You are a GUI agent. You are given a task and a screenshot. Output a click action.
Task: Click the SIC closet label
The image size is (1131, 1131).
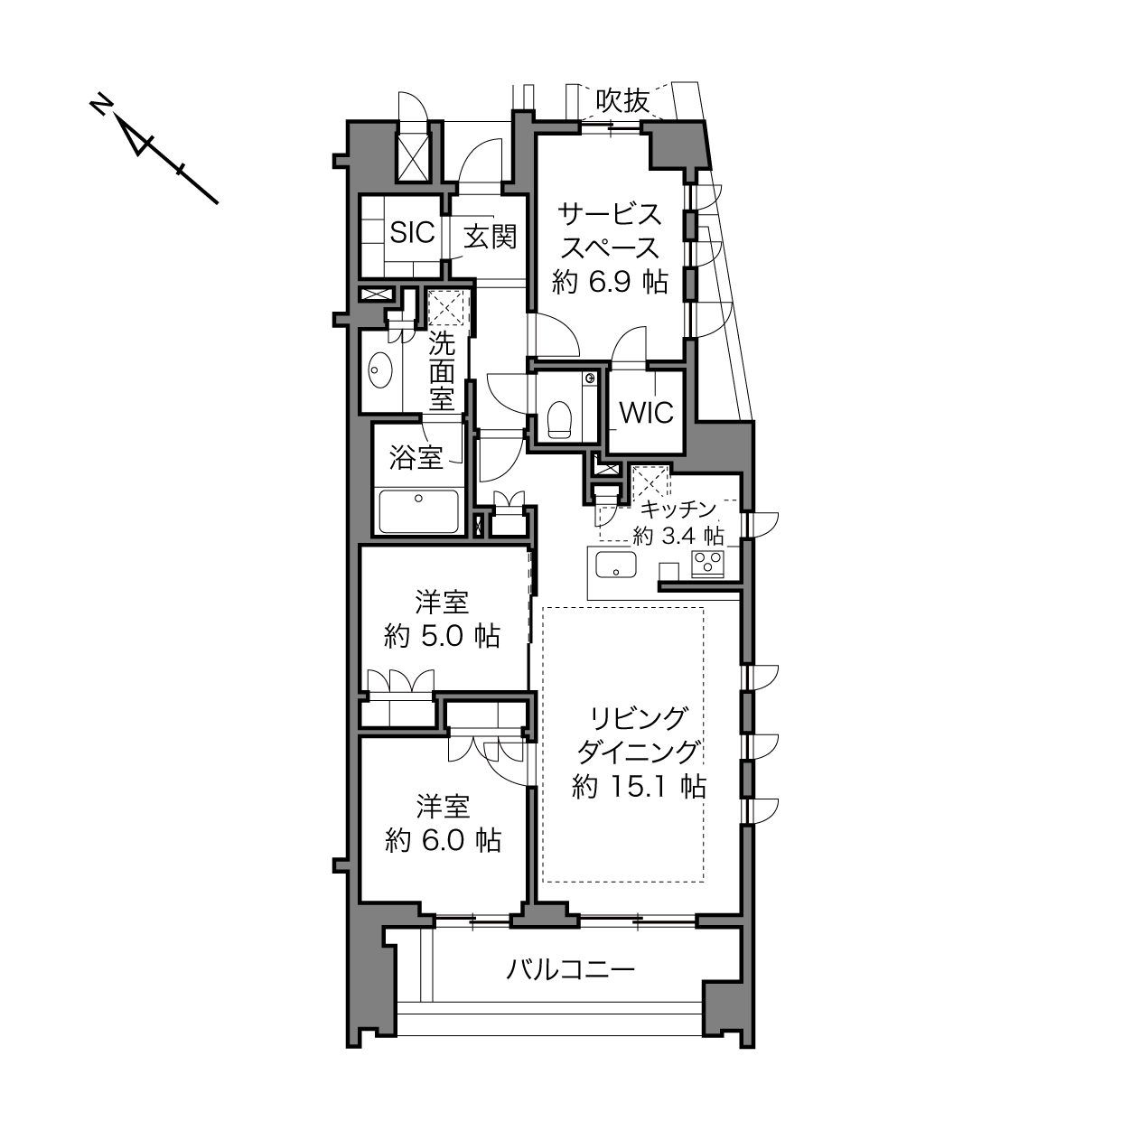(412, 232)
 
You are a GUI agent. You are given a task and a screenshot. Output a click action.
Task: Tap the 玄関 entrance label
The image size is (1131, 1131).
(491, 237)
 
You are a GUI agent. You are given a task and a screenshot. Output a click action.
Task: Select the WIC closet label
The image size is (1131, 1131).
(646, 413)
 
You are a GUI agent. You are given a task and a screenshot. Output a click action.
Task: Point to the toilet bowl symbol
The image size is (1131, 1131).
(558, 419)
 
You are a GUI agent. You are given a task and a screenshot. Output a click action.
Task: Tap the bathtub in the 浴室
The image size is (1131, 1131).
(418, 511)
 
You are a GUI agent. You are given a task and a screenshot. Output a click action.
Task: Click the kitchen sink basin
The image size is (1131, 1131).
(616, 565)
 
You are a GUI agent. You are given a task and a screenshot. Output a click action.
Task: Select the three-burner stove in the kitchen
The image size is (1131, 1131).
(708, 564)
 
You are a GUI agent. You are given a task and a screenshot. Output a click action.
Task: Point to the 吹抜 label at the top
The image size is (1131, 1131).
(622, 101)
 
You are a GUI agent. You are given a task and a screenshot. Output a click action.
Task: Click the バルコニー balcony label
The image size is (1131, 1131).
(571, 970)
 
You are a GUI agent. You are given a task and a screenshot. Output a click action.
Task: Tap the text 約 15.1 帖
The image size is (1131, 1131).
(639, 787)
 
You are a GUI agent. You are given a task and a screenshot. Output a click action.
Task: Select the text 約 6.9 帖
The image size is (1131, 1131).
(610, 283)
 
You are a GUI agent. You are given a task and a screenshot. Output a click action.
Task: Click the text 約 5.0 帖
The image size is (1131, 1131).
(442, 636)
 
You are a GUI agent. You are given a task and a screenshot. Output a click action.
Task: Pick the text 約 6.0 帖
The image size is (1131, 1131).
(444, 840)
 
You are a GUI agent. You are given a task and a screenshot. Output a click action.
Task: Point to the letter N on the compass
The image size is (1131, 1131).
(101, 105)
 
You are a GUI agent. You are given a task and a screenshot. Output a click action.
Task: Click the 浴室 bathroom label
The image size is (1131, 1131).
(416, 457)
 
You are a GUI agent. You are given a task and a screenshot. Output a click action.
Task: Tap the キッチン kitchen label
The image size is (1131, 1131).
(678, 509)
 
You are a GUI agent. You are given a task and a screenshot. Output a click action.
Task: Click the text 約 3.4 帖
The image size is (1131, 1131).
(678, 536)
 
